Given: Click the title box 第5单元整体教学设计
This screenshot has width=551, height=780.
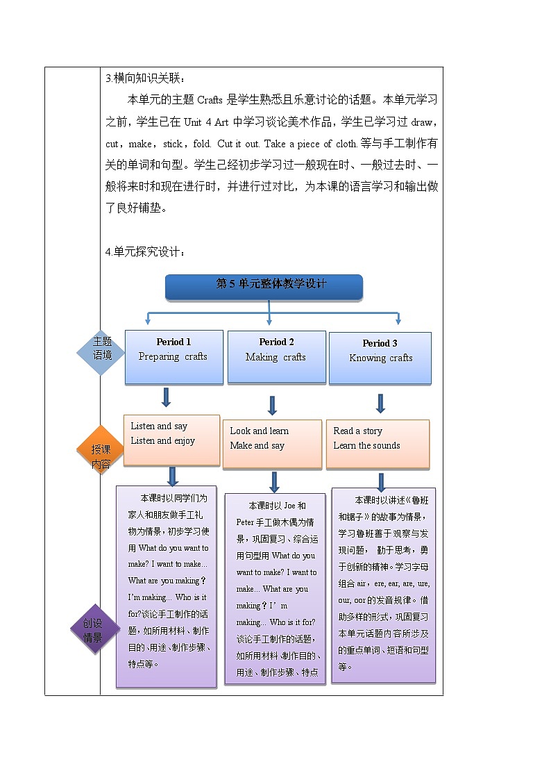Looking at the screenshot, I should click(x=264, y=285).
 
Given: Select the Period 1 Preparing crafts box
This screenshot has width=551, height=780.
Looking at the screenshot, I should click(x=173, y=357).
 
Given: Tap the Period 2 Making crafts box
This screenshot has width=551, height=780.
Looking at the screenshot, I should click(x=276, y=357).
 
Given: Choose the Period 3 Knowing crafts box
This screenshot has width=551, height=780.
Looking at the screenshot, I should click(x=380, y=358).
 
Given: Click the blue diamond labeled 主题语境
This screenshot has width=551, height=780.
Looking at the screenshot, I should click(x=101, y=352).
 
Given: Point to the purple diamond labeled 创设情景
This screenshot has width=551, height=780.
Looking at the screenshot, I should click(x=93, y=630).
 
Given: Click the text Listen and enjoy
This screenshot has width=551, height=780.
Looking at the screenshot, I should click(x=163, y=441).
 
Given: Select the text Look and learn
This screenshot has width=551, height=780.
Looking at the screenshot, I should click(x=259, y=431).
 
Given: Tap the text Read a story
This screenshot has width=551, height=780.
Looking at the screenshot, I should click(x=357, y=431).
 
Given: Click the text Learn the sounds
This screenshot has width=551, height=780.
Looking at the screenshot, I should click(x=366, y=446).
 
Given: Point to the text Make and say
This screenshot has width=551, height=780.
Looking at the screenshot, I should click(x=257, y=446).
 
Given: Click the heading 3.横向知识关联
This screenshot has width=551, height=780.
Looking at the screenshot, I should click(x=145, y=78).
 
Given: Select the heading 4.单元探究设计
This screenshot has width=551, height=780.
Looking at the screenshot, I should click(x=145, y=251).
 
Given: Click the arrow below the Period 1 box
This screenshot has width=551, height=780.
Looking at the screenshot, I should click(x=166, y=397).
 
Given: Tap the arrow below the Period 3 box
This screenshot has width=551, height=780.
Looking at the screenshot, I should click(x=380, y=403).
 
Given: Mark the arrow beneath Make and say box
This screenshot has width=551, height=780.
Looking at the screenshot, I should click(x=274, y=481).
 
